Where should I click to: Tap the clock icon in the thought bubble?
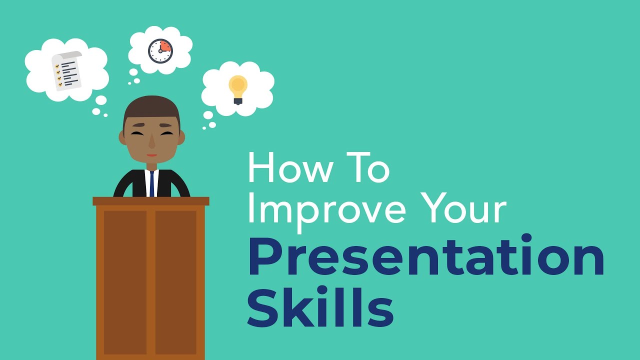point(160,51)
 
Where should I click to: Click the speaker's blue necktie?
point(151,183)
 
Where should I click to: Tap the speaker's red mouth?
point(151,155)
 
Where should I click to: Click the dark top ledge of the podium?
point(150,201)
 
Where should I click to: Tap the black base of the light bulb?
point(238,101)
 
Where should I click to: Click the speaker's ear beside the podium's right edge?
point(181,137)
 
